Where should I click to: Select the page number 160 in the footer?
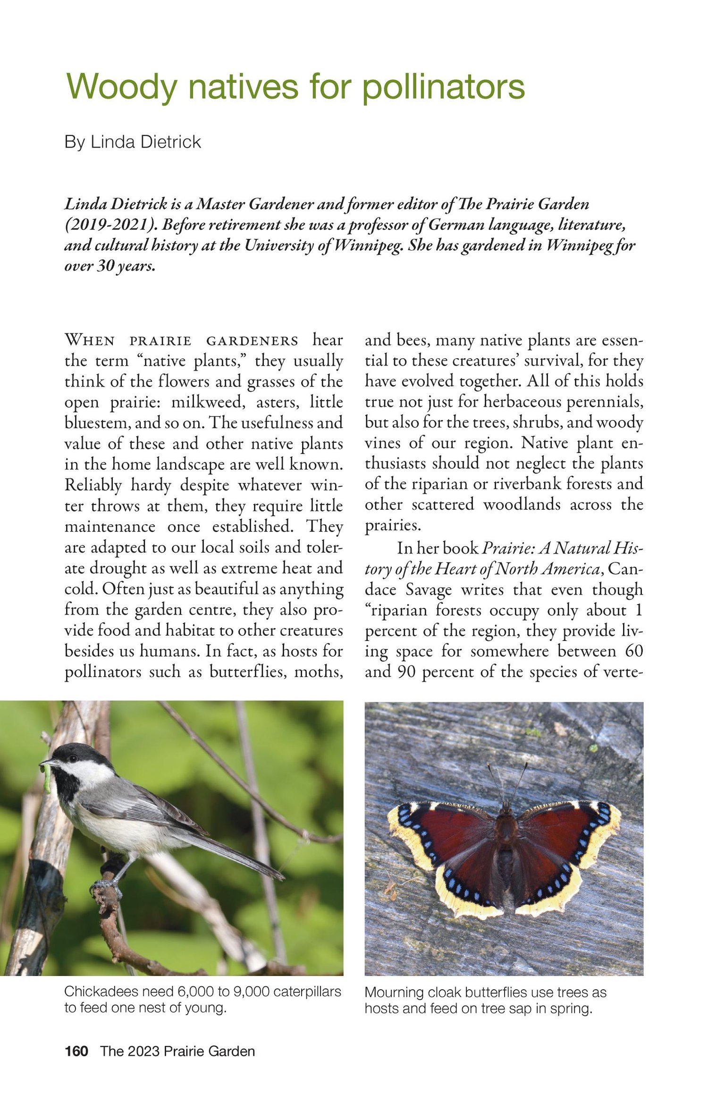[76, 1052]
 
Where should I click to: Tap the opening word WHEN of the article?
[90, 340]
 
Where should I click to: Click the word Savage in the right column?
[429, 589]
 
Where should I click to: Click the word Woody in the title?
[121, 88]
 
